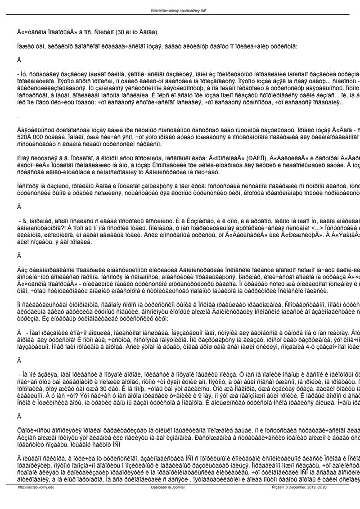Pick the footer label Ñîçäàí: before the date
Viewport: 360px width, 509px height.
tap(281, 500)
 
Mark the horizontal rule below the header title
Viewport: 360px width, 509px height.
tap(180, 15)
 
